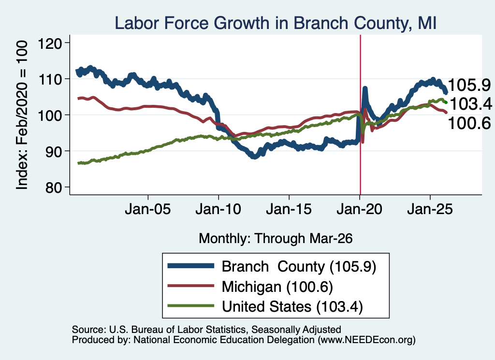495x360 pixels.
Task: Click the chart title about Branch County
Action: click(x=275, y=23)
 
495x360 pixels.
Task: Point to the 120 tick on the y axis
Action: click(x=50, y=43)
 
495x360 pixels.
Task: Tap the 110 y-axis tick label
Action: click(x=50, y=79)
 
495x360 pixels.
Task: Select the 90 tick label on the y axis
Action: click(x=54, y=151)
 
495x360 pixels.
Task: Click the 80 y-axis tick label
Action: click(x=54, y=187)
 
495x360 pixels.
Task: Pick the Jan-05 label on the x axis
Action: click(x=148, y=209)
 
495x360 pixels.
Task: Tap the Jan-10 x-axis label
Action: click(x=218, y=209)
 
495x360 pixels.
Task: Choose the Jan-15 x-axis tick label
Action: click(x=289, y=209)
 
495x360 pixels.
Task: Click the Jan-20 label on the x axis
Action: click(x=359, y=209)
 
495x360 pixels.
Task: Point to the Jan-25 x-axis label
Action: click(x=430, y=209)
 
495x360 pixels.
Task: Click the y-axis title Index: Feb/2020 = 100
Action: click(x=22, y=115)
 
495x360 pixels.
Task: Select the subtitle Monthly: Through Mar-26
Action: click(x=276, y=239)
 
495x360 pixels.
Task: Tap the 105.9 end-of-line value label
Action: click(x=469, y=85)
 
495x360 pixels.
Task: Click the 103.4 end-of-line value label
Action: click(x=470, y=104)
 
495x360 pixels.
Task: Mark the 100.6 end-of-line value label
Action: click(x=469, y=123)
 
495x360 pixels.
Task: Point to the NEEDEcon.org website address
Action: click(x=366, y=340)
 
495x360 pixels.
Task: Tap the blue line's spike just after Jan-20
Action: click(x=365, y=88)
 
